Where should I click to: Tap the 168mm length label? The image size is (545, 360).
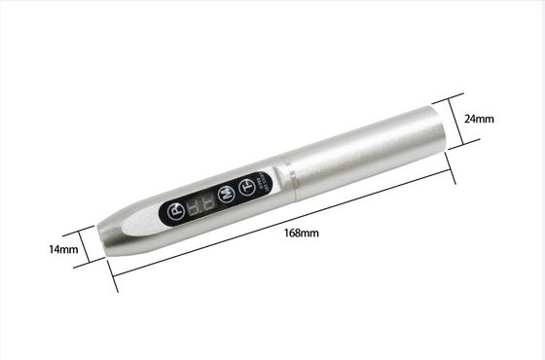click(x=302, y=233)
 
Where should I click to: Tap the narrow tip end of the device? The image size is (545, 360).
click(x=105, y=239)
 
